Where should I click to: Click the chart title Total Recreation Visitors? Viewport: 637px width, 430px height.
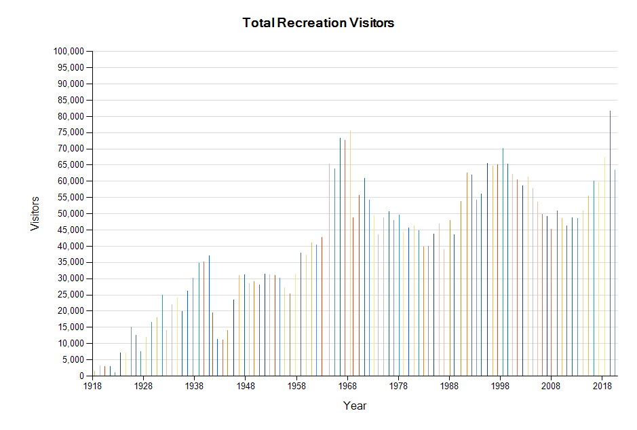click(318, 23)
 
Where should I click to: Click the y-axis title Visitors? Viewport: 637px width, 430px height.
click(35, 213)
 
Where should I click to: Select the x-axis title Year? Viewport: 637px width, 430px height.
click(355, 406)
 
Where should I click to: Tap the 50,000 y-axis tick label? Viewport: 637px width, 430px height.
click(71, 214)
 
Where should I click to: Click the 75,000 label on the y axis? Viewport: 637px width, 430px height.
click(71, 132)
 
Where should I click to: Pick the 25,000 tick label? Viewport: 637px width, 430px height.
click(71, 295)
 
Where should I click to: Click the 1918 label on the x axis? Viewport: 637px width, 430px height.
click(92, 386)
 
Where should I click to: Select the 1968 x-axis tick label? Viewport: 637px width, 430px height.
click(347, 386)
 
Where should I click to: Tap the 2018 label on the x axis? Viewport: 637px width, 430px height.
click(602, 386)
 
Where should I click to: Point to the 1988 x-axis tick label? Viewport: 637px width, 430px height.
click(449, 386)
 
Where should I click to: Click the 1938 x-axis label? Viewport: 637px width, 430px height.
click(194, 386)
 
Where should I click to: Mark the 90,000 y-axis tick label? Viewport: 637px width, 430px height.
click(71, 84)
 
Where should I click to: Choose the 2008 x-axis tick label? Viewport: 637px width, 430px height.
click(551, 386)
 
